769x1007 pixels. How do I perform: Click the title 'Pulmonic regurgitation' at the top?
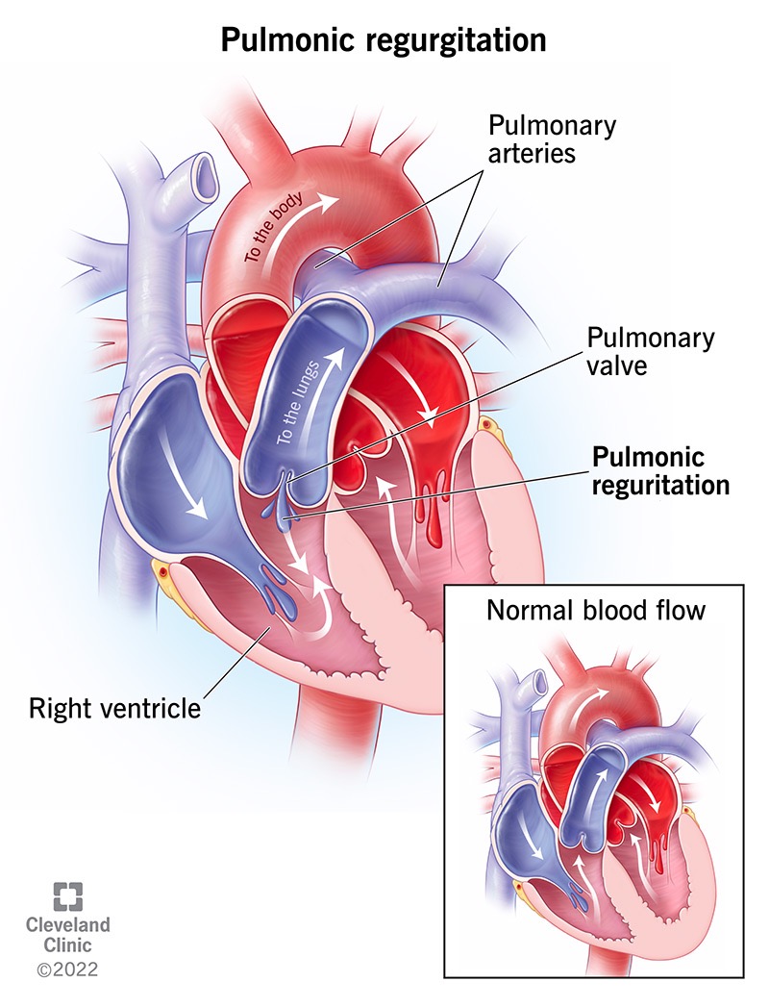pos(384,40)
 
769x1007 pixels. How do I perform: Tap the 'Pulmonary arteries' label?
pos(552,138)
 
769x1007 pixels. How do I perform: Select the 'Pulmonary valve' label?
pos(649,353)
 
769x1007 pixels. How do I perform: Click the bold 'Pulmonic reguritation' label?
pos(659,470)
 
